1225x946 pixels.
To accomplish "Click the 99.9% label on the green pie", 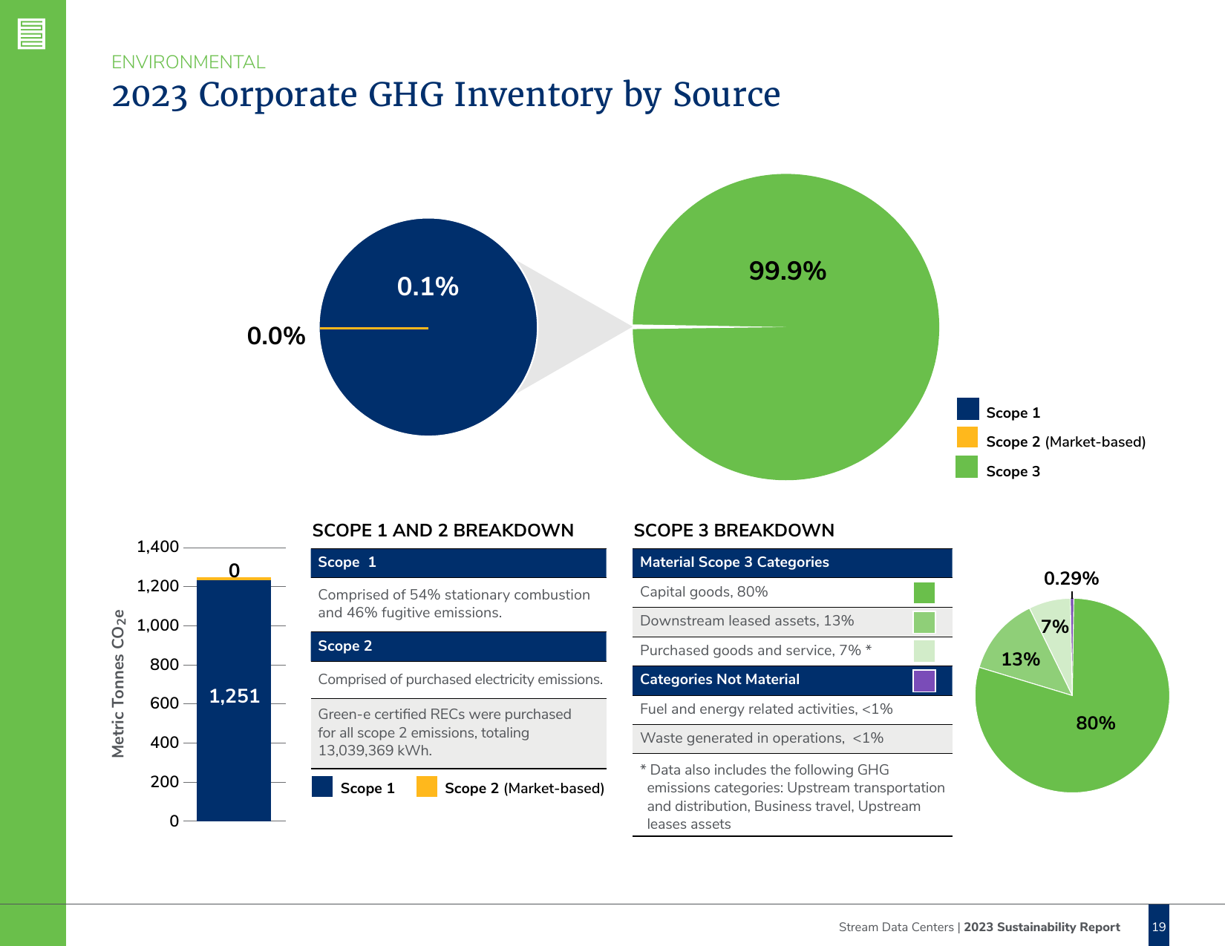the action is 787,271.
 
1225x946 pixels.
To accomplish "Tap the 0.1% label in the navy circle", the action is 428,286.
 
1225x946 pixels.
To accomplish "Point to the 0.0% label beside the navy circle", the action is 275,336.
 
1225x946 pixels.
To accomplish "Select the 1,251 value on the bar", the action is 234,696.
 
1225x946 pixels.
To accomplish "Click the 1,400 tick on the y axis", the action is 157,547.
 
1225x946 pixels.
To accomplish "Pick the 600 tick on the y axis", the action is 164,703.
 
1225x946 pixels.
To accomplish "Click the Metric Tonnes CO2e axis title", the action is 118,683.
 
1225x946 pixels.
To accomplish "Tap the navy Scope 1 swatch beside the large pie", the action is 967,409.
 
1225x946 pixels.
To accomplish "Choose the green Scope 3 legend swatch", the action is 967,467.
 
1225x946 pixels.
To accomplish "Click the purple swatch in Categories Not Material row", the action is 924,680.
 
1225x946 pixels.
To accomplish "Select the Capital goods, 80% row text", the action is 704,591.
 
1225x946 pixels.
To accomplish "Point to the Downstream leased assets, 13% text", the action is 746,621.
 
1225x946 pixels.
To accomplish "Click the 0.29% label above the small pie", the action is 1071,578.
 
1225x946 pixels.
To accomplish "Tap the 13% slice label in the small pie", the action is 1020,659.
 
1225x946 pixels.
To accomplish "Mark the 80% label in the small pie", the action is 1095,723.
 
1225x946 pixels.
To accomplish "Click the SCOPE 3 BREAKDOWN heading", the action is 734,531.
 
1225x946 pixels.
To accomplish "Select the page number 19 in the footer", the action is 1158,927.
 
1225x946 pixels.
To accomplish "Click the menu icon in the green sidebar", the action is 32,34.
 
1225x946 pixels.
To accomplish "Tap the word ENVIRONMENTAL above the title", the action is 189,62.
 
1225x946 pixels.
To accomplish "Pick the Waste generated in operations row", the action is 762,738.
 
